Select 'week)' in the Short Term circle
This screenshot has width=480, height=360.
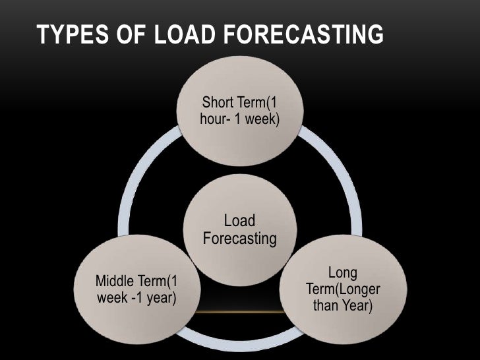(x=262, y=121)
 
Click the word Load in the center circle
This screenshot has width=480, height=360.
(x=239, y=220)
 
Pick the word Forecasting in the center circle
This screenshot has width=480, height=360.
(x=239, y=237)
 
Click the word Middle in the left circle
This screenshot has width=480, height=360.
(x=117, y=282)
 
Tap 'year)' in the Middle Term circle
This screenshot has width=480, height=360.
(x=158, y=298)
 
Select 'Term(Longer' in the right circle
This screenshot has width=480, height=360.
(x=342, y=290)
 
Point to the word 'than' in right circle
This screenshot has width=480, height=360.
(x=326, y=307)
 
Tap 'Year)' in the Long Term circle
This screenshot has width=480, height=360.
(x=356, y=307)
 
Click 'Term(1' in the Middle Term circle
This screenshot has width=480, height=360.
(x=159, y=282)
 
